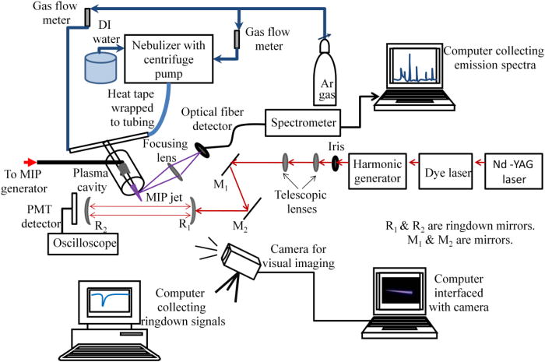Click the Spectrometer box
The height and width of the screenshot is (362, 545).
(304, 123)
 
